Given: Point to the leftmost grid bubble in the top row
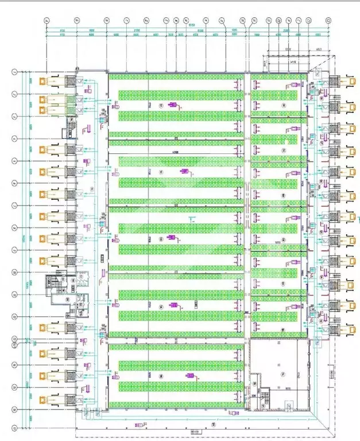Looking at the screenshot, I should [47, 21].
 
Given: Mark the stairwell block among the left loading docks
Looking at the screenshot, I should [56, 284].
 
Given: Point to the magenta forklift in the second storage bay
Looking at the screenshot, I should [184, 172].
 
